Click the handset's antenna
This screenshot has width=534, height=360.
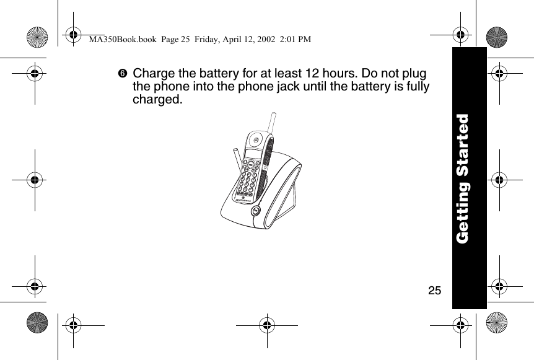coord(270,122)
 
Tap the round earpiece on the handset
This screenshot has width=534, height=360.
coord(256,140)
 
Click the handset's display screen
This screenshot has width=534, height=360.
coord(253,152)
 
